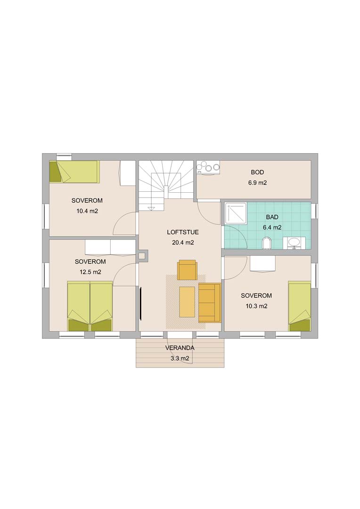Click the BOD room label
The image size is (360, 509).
[257, 172]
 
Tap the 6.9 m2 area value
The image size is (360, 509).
[257, 183]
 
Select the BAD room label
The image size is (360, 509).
[272, 217]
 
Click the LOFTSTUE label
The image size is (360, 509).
[183, 232]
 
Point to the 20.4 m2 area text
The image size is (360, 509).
[183, 243]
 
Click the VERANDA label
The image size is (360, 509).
[180, 348]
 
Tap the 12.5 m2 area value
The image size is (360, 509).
[90, 272]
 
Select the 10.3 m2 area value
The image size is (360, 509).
[256, 306]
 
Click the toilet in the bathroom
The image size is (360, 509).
[266, 243]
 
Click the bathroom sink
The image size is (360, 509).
[294, 243]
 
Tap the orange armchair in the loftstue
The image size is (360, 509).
[187, 270]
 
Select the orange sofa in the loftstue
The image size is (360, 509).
[209, 303]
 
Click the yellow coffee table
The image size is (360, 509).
[187, 302]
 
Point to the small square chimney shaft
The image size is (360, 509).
[142, 255]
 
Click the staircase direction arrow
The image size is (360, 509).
[151, 207]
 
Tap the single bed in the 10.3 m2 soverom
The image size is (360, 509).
[299, 306]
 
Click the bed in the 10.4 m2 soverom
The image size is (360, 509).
[74, 172]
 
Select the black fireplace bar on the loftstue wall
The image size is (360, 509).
[141, 304]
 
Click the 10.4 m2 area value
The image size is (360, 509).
[87, 211]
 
